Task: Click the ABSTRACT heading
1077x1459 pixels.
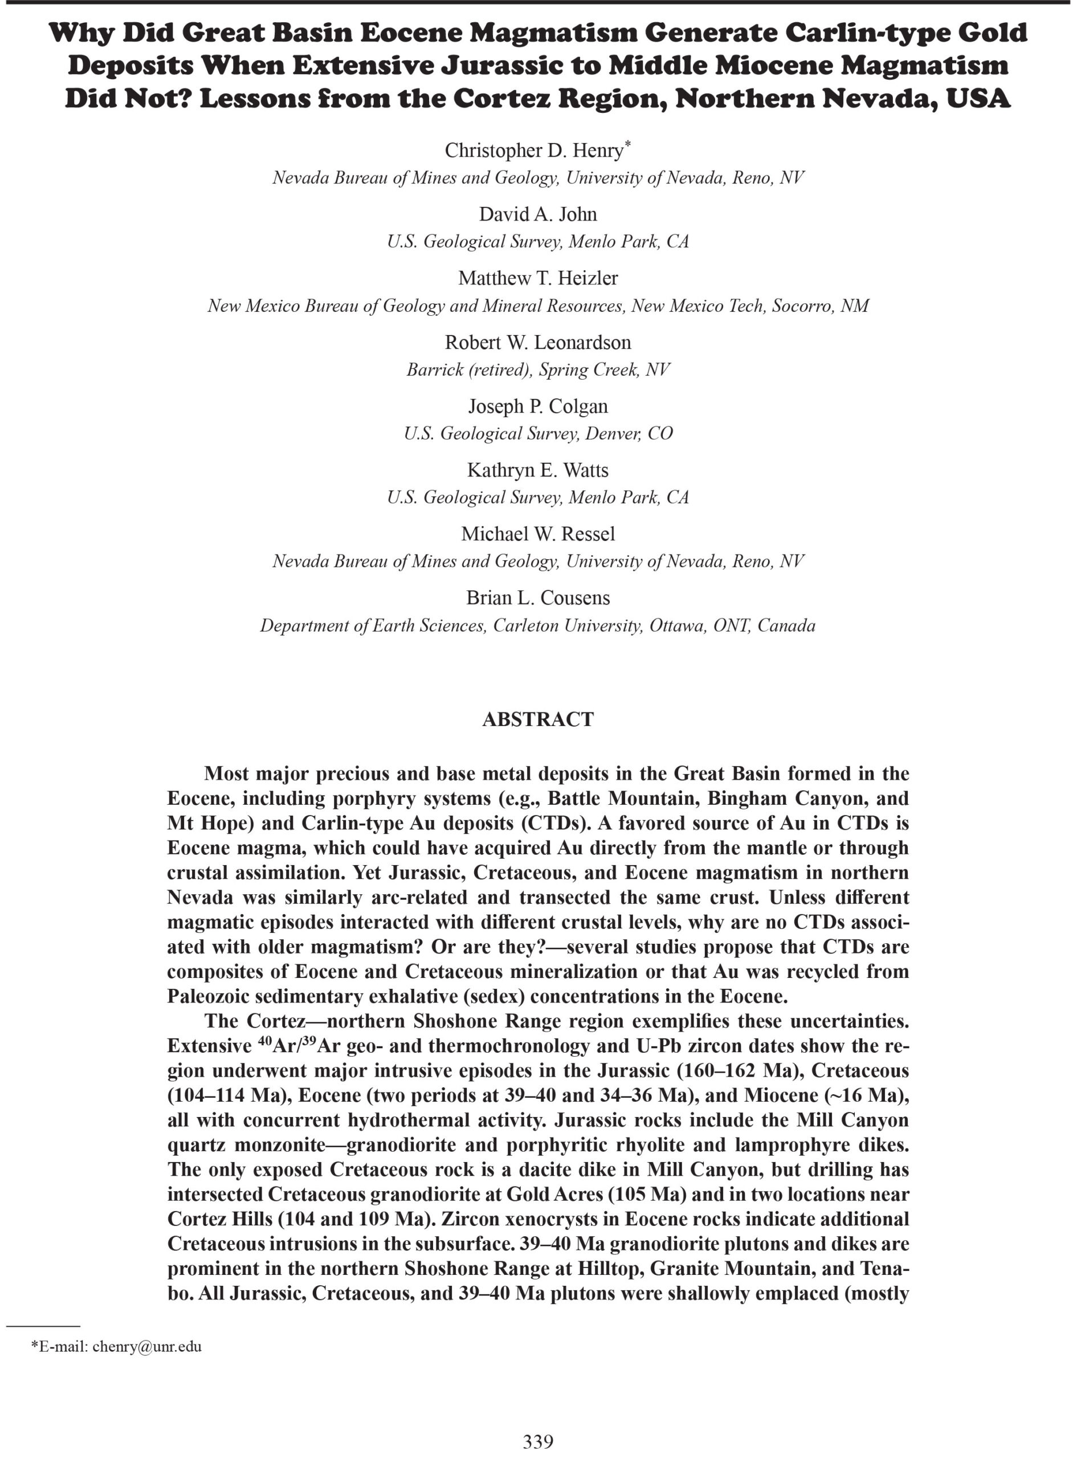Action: click(x=538, y=720)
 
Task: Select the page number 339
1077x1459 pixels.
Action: click(x=538, y=1441)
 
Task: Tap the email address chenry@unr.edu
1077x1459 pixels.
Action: click(x=146, y=1346)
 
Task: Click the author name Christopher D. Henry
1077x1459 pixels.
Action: click(x=534, y=150)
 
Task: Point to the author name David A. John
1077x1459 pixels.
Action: click(x=538, y=214)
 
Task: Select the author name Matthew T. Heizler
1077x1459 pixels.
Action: click(x=538, y=278)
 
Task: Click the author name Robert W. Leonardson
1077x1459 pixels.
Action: click(x=538, y=343)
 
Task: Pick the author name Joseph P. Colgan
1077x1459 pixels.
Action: click(x=538, y=406)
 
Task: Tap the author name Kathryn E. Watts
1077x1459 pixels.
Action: click(x=538, y=470)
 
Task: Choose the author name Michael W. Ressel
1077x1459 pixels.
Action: click(x=538, y=534)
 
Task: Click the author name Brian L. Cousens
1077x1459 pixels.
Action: click(x=538, y=598)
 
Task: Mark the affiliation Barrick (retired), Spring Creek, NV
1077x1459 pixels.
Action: click(x=538, y=370)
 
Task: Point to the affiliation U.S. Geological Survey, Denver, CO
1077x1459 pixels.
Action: click(x=538, y=434)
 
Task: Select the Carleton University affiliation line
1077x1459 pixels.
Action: click(x=538, y=626)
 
